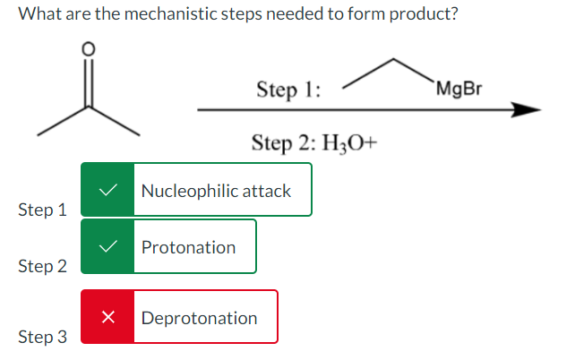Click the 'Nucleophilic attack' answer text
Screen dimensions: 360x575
coord(216,191)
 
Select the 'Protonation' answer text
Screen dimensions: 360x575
coord(188,247)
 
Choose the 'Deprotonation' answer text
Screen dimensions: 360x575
coord(199,318)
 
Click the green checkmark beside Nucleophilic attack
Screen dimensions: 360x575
coord(107,190)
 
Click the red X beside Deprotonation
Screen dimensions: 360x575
coord(107,317)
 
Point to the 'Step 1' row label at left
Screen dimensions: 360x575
coord(42,210)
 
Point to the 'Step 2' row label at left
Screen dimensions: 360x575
coord(42,267)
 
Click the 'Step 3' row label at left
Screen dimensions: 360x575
coord(42,337)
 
